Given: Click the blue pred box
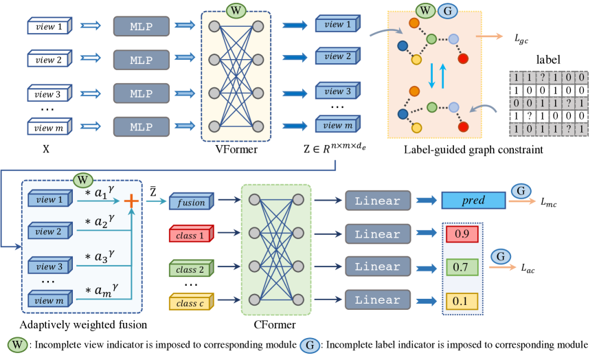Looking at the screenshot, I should pos(473,201).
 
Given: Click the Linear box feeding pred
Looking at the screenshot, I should pos(377,201).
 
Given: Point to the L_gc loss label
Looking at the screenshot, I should pos(521,41).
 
